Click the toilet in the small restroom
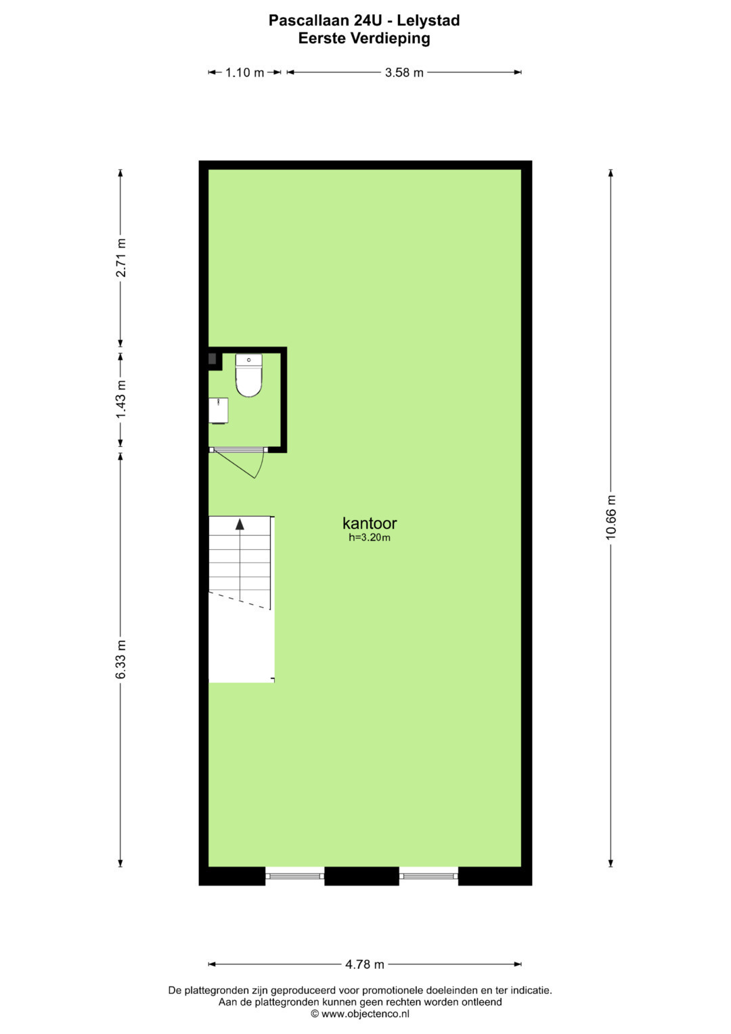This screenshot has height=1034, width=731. click(249, 375)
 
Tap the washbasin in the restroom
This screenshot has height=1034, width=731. click(218, 410)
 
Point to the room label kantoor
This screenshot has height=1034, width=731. click(370, 523)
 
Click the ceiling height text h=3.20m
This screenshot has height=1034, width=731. click(370, 537)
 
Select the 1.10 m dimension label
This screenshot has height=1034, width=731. click(244, 72)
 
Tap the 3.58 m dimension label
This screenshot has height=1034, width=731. click(404, 72)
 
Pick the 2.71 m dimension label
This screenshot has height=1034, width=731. click(121, 257)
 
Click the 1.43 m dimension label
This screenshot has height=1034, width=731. click(121, 400)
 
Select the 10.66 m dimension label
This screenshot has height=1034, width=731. click(611, 517)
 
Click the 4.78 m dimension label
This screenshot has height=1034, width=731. click(365, 964)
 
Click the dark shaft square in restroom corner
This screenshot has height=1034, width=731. click(213, 359)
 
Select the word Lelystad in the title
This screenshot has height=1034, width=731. click(428, 21)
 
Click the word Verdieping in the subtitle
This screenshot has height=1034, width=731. click(391, 39)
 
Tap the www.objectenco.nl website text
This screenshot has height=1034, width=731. click(365, 1014)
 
